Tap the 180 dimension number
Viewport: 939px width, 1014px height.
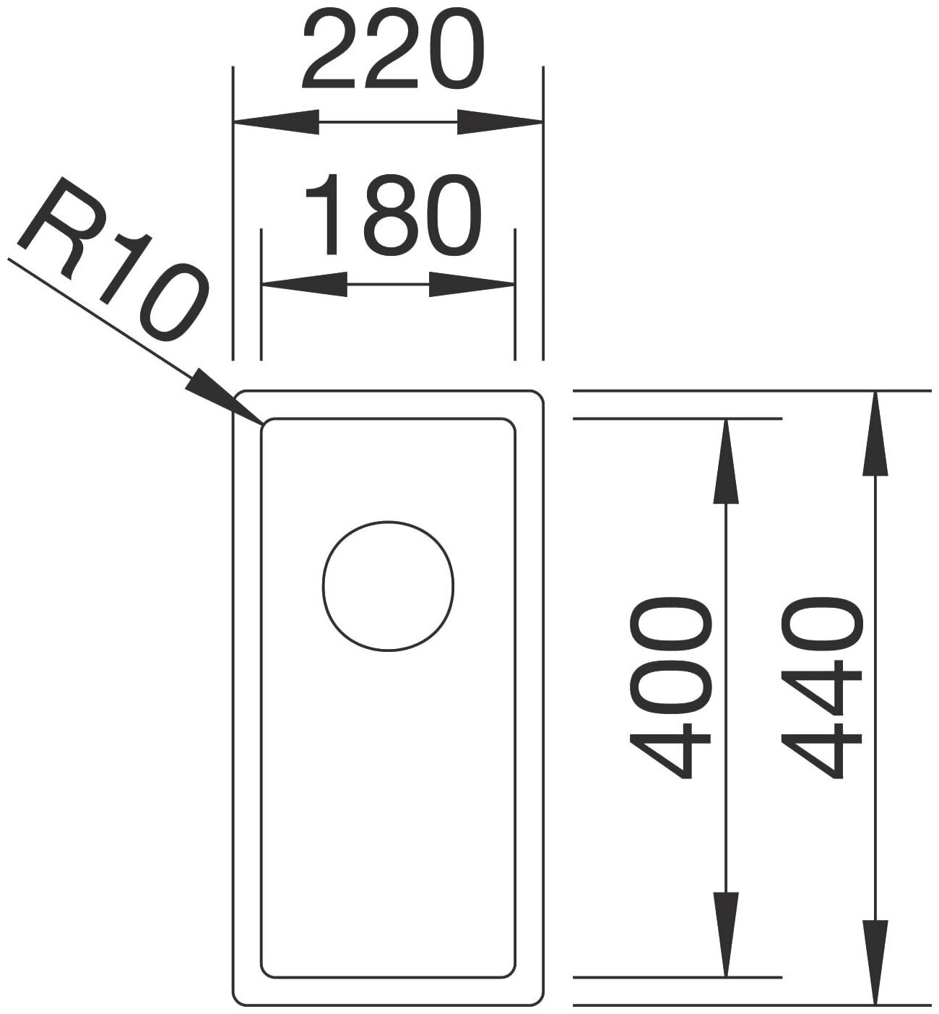(391, 215)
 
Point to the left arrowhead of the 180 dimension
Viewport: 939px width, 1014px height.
(303, 284)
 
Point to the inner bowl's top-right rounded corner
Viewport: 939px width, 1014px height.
(510, 424)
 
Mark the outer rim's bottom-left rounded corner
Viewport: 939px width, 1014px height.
(238, 1000)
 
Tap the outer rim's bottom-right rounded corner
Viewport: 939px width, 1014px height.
(537, 1000)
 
